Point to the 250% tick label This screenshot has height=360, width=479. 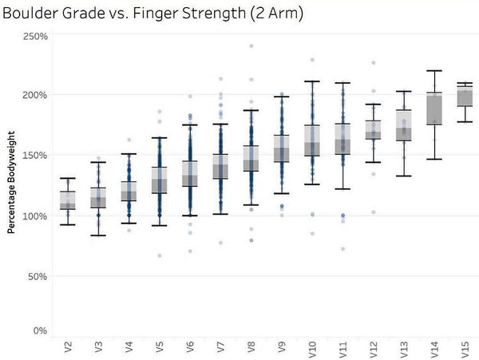point(35,37)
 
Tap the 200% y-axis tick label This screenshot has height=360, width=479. point(35,95)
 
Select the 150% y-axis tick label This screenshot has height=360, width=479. point(35,155)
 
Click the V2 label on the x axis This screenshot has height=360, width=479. point(68,347)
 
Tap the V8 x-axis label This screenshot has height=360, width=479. point(251,347)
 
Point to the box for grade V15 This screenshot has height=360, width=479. point(465,96)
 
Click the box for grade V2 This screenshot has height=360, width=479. point(68,200)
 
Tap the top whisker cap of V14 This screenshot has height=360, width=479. point(434,71)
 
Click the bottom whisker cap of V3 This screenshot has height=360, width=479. point(98,235)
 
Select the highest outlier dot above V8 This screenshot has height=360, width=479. point(251,46)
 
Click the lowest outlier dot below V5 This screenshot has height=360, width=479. point(159,255)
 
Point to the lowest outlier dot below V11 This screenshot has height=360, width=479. point(343,249)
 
